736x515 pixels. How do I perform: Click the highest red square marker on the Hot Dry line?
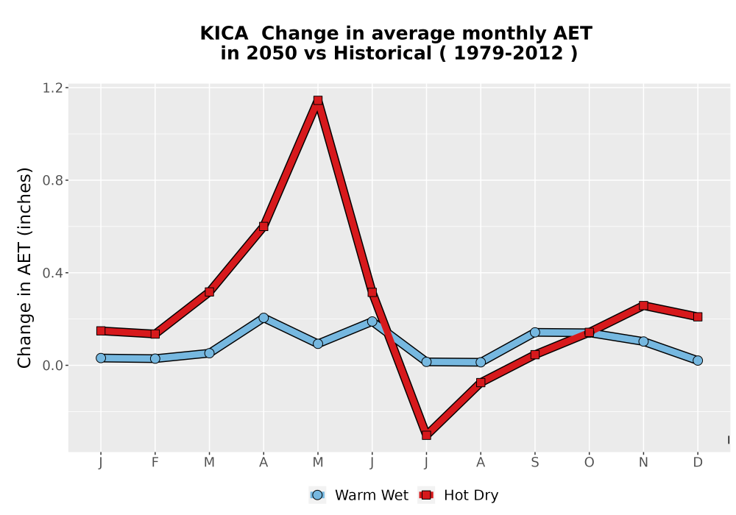pyautogui.click(x=318, y=100)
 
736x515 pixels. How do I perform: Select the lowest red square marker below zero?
pyautogui.click(x=426, y=436)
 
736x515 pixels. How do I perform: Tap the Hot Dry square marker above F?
pyautogui.click(x=155, y=334)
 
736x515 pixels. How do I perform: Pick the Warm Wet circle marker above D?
pyautogui.click(x=698, y=360)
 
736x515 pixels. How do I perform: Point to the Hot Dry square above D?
pyautogui.click(x=698, y=317)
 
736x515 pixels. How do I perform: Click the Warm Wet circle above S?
pyautogui.click(x=534, y=333)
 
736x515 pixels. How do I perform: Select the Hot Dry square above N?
pyautogui.click(x=643, y=306)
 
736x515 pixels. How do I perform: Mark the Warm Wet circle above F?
pyautogui.click(x=155, y=359)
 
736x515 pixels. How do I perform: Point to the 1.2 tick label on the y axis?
pyautogui.click(x=52, y=88)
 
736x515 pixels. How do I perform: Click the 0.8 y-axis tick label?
pyautogui.click(x=52, y=180)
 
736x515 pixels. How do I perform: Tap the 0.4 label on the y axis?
pyautogui.click(x=52, y=273)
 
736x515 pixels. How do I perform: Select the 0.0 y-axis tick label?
pyautogui.click(x=52, y=366)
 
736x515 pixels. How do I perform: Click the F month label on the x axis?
pyautogui.click(x=155, y=463)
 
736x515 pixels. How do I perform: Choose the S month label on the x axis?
pyautogui.click(x=534, y=463)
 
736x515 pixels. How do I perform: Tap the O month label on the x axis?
pyautogui.click(x=589, y=463)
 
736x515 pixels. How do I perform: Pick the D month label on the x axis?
pyautogui.click(x=698, y=463)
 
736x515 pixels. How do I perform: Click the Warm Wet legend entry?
pyautogui.click(x=359, y=495)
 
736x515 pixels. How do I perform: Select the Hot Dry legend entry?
pyautogui.click(x=459, y=495)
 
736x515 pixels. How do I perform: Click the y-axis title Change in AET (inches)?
pyautogui.click(x=24, y=268)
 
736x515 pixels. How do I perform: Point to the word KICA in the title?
pyautogui.click(x=224, y=34)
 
